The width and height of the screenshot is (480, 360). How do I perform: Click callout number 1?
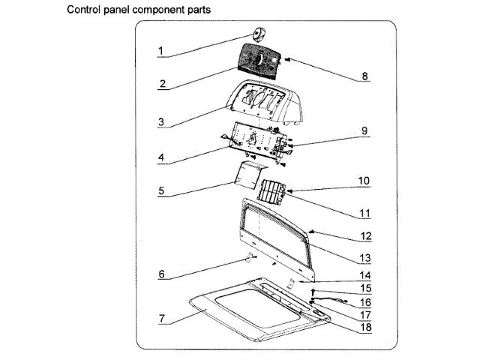click(x=161, y=51)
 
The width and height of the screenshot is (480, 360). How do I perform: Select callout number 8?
click(x=364, y=76)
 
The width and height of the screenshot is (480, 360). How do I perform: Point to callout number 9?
click(x=364, y=130)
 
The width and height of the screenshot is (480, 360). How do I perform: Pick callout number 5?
click(x=161, y=191)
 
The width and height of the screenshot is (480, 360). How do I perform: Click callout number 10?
click(x=364, y=181)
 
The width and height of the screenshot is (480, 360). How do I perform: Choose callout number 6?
click(x=161, y=274)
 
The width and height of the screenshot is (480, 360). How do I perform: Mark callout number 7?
click(x=161, y=319)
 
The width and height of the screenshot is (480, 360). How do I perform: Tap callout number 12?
click(x=364, y=235)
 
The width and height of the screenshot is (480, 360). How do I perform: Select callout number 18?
click(x=364, y=327)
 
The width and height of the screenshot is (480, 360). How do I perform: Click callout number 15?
click(x=364, y=288)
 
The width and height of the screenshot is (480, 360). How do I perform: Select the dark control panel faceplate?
click(x=259, y=61)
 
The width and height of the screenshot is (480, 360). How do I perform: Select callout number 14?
click(x=364, y=274)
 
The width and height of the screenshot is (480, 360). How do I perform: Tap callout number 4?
click(x=161, y=158)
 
